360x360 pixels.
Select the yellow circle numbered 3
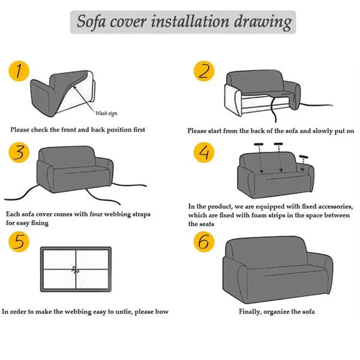20,154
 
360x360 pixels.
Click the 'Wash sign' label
108,113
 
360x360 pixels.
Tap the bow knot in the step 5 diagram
75,269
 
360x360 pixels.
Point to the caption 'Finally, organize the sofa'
277,312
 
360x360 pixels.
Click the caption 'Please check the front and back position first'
77,130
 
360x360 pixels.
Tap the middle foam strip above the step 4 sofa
278,144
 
